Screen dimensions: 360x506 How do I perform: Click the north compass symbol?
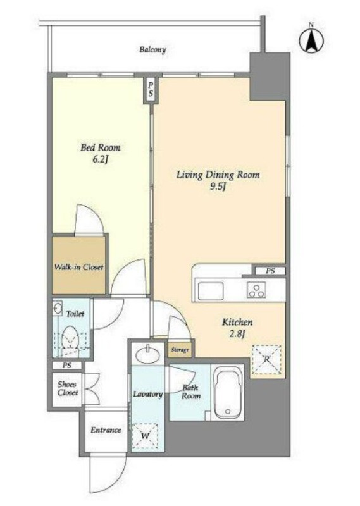(x=311, y=40)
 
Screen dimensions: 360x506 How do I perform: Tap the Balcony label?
(x=152, y=50)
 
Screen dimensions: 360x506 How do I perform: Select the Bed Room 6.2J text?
(x=101, y=153)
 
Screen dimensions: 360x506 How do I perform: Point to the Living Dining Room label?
(x=218, y=175)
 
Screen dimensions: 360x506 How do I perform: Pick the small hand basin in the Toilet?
(x=58, y=309)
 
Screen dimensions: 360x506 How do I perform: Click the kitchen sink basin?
(x=211, y=290)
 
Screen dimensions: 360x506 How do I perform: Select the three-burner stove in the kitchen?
(x=257, y=290)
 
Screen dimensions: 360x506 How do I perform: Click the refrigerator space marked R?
(x=267, y=359)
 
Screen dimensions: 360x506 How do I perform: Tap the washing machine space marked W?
(x=145, y=436)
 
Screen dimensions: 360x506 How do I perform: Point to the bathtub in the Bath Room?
(x=228, y=393)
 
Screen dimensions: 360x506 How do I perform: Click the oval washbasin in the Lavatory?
(x=147, y=355)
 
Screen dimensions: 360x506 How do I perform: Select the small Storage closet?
(x=180, y=350)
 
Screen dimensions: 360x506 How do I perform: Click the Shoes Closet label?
(x=68, y=388)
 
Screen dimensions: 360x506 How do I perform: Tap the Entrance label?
(x=106, y=430)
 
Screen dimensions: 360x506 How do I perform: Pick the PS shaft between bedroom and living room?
(x=151, y=90)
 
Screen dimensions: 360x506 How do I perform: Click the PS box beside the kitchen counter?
(x=270, y=271)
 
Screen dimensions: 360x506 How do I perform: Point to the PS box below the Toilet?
(x=67, y=366)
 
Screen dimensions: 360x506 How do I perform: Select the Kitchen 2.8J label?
(x=237, y=328)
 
